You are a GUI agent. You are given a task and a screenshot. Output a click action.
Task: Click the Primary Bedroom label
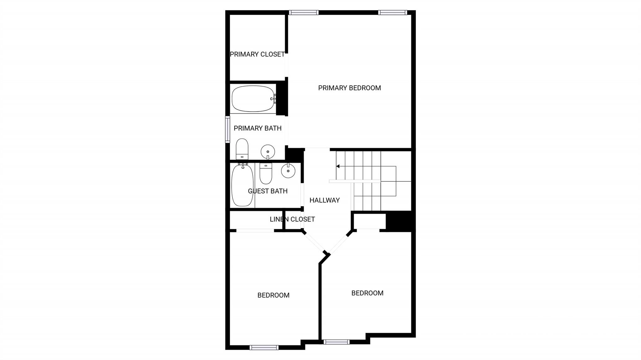click(349, 88)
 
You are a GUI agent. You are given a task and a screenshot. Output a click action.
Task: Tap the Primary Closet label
click(257, 54)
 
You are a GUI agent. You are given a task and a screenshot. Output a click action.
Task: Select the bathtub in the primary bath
click(253, 99)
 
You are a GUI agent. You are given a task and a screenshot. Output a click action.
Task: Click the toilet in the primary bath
click(242, 149)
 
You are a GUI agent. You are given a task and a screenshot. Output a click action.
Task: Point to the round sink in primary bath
click(268, 152)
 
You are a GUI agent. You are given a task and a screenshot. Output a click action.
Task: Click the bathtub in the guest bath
click(242, 185)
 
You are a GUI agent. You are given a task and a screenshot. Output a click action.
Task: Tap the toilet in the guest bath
click(266, 174)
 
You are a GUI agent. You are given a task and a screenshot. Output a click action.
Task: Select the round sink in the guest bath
click(288, 171)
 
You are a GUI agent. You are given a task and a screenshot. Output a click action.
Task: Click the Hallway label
click(325, 200)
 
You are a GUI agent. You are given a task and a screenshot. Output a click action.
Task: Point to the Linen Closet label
click(292, 219)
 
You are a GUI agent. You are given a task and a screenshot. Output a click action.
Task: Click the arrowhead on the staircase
click(338, 166)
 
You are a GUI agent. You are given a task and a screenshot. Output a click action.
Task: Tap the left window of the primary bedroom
click(304, 13)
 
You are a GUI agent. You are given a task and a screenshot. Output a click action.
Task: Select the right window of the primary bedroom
click(392, 13)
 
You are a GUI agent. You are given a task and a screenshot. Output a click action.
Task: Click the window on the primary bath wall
click(228, 129)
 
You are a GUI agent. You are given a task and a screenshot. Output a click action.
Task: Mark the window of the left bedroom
click(264, 347)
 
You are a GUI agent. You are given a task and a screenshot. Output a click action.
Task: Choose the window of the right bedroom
click(336, 342)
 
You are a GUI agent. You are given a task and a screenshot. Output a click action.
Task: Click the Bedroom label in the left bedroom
click(273, 295)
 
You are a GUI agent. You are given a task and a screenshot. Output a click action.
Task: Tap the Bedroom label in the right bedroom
click(367, 293)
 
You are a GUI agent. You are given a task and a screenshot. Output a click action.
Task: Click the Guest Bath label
click(268, 191)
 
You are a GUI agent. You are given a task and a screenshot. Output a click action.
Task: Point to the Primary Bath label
click(258, 128)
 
